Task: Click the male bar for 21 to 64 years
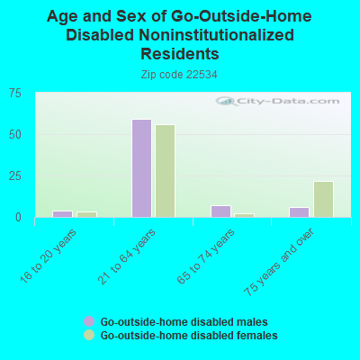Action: (141, 168)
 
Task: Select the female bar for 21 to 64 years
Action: (165, 171)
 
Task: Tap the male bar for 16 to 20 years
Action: (62, 214)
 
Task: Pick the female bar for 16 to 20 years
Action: (86, 214)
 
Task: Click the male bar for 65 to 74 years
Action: (220, 211)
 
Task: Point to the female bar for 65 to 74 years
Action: (244, 215)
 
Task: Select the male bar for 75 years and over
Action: (299, 212)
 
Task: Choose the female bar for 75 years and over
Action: (323, 199)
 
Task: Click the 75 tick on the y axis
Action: (16, 93)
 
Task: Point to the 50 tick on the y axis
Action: (16, 134)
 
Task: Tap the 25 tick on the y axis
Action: (16, 175)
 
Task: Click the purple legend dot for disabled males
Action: (89, 321)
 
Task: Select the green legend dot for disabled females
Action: (89, 335)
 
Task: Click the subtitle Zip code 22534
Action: (179, 75)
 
